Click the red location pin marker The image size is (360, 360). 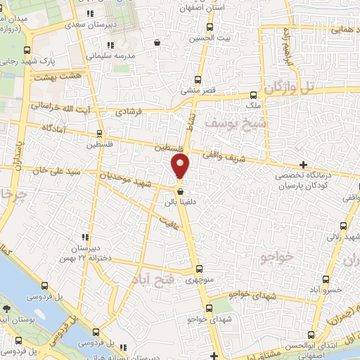click(x=181, y=167)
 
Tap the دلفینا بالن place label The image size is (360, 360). click(x=179, y=202)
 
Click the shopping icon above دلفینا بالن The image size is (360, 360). click(x=181, y=191)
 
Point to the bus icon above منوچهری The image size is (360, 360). click(x=199, y=268)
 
